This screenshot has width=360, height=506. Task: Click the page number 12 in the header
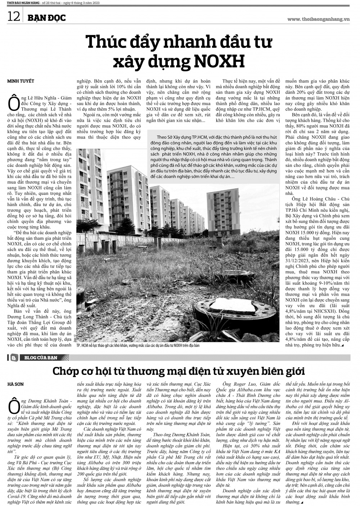13,17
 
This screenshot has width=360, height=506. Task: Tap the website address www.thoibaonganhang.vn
319,19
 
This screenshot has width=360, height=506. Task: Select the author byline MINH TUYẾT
21,81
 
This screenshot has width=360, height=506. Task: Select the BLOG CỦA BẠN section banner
39,358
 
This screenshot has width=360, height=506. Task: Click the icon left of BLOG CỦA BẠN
14,358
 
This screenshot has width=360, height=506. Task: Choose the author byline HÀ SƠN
15,384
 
